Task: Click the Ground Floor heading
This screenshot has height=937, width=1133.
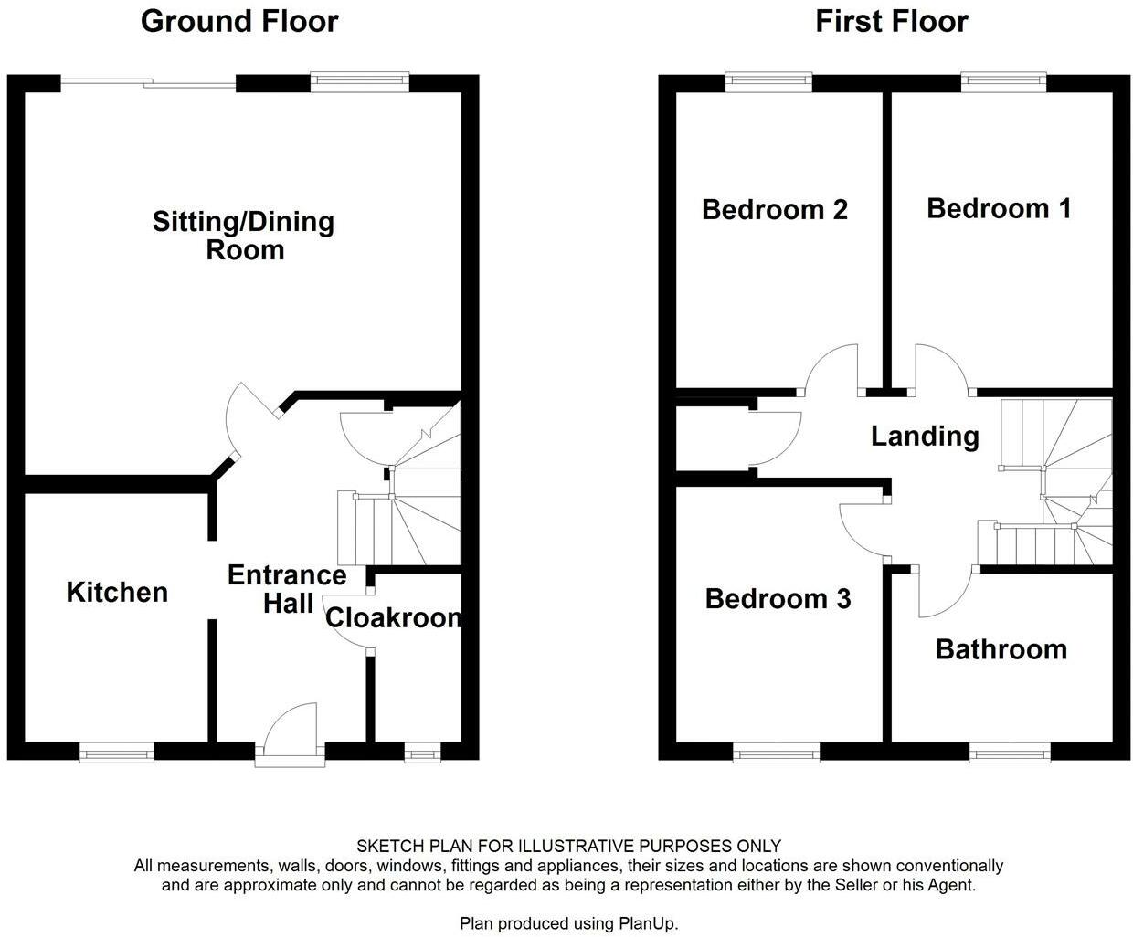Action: [x=239, y=21]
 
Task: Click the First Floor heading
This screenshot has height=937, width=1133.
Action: [x=891, y=21]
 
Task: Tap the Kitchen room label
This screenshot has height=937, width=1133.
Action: [x=117, y=592]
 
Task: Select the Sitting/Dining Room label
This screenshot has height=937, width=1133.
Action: [x=243, y=236]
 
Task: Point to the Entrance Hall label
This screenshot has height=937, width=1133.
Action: [x=287, y=589]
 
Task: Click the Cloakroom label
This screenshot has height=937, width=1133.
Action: [x=393, y=618]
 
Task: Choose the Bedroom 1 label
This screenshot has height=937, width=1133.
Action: [x=998, y=208]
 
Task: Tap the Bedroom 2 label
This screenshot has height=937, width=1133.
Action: [x=775, y=210]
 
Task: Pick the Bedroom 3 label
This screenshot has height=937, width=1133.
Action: [x=778, y=599]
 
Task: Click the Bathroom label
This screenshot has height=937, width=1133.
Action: [x=1001, y=649]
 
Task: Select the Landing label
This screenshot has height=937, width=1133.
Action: [x=924, y=436]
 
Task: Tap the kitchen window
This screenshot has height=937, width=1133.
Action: [x=116, y=753]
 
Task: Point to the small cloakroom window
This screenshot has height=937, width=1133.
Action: [x=421, y=753]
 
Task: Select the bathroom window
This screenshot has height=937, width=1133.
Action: [x=1010, y=753]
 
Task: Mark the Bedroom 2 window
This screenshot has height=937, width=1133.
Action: [x=769, y=82]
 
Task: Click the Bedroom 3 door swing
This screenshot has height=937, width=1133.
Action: [x=863, y=530]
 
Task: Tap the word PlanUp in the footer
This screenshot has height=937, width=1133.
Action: [x=650, y=923]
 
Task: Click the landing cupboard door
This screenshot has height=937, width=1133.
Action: [x=777, y=436]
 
